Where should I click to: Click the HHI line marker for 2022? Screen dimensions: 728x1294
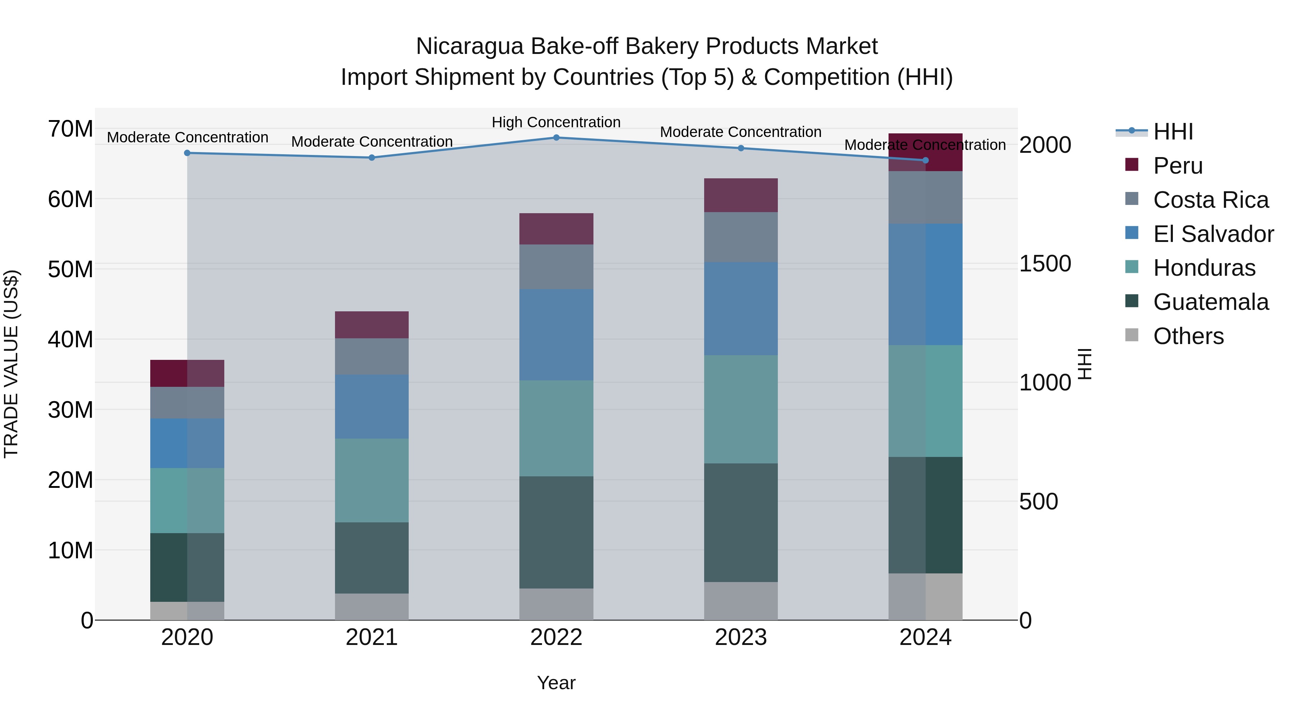[x=556, y=138]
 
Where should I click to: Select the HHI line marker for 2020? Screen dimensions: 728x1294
[x=187, y=153]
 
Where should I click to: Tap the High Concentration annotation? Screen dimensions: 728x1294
[x=556, y=122]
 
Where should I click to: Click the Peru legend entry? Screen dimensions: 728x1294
[x=1178, y=166]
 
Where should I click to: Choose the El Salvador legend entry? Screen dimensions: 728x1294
[x=1213, y=234]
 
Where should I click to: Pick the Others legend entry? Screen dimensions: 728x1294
[x=1188, y=336]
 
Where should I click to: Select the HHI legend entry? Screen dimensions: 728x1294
[x=1173, y=132]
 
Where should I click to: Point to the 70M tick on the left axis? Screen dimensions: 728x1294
[x=70, y=129]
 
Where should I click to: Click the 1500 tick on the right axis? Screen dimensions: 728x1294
[x=1045, y=264]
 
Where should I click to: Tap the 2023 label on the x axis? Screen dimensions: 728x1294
[x=740, y=637]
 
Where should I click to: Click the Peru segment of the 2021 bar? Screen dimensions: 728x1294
[x=372, y=325]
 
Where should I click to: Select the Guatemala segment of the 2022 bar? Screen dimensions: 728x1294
[x=556, y=532]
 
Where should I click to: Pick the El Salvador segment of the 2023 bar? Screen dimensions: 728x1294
[x=740, y=308]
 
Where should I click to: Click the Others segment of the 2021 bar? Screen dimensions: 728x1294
[x=372, y=606]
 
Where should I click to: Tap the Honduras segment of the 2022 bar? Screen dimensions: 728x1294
[x=556, y=428]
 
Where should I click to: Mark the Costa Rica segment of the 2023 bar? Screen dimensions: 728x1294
[x=740, y=237]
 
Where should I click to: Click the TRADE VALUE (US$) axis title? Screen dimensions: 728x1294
[x=11, y=364]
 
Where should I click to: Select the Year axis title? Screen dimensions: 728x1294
[x=556, y=683]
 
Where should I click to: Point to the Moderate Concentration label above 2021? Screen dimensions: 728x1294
[x=372, y=142]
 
